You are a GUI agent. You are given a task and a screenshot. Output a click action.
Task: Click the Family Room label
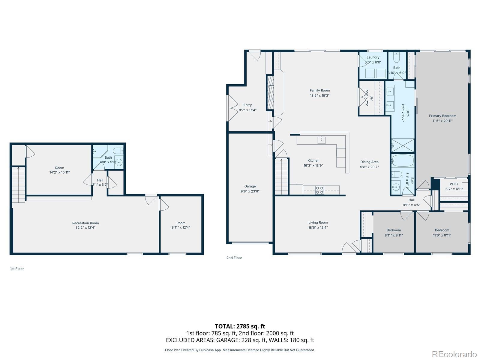319,90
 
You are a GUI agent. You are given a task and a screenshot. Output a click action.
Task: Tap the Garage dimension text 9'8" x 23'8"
250,191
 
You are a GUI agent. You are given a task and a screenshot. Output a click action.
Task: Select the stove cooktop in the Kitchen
319,190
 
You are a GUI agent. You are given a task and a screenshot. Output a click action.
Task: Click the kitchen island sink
322,140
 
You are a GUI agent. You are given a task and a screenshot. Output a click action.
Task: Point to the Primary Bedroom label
442,116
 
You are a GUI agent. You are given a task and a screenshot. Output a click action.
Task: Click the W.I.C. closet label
454,184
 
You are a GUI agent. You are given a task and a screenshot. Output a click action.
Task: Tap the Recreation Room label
85,223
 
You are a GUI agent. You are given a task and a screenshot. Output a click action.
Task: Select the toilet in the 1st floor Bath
118,151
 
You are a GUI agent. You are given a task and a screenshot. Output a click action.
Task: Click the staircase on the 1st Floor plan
18,185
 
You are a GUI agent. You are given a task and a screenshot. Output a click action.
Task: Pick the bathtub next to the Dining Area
403,161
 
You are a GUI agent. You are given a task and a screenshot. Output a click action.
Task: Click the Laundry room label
373,57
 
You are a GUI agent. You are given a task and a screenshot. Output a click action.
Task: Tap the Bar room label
371,98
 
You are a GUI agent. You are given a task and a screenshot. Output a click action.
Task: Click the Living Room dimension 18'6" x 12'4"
318,227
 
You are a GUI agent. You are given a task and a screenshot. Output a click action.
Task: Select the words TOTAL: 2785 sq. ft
240,326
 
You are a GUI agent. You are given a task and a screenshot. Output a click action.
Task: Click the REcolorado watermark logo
454,354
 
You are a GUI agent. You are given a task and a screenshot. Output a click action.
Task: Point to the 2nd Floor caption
234,258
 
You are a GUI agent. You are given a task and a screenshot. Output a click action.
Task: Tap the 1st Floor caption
17,269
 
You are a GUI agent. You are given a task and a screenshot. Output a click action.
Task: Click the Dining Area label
369,162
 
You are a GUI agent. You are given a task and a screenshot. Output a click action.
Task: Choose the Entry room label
247,105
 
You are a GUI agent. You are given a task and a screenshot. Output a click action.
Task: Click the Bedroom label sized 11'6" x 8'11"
442,230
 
